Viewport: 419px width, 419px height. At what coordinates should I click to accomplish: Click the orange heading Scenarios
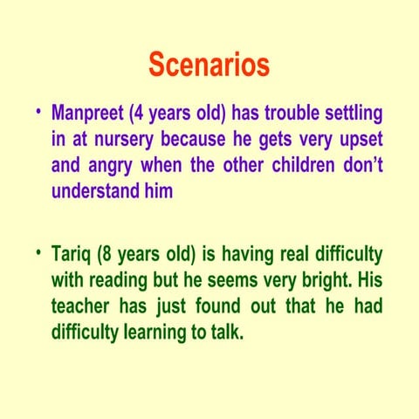209,65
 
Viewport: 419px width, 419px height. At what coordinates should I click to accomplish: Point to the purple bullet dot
38,113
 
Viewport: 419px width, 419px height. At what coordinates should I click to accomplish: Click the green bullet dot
38,253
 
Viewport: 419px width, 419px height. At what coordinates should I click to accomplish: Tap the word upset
358,140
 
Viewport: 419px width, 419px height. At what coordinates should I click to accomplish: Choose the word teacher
86,306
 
